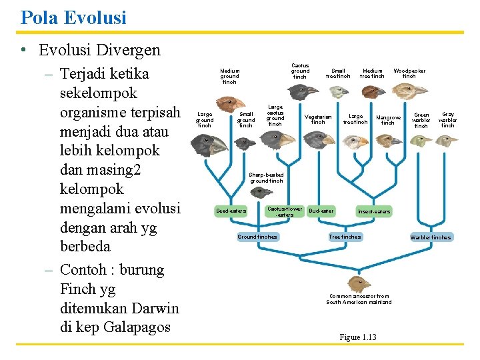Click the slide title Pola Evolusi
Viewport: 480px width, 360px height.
(73, 17)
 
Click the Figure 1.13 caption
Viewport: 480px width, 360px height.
(357, 337)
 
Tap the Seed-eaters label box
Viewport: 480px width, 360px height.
(231, 211)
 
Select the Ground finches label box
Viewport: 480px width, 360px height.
(258, 237)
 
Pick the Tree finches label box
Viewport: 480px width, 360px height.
(345, 237)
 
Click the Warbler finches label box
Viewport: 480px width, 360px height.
(431, 237)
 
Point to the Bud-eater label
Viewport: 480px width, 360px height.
(321, 211)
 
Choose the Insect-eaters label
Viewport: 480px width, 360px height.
(374, 211)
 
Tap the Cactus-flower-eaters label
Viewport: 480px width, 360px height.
(285, 211)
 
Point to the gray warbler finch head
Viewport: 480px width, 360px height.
(448, 140)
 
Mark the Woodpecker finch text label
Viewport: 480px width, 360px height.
(409, 73)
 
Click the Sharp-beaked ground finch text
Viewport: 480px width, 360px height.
(266, 178)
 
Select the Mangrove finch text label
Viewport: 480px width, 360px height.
(387, 120)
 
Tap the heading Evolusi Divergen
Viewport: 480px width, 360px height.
(99, 50)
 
